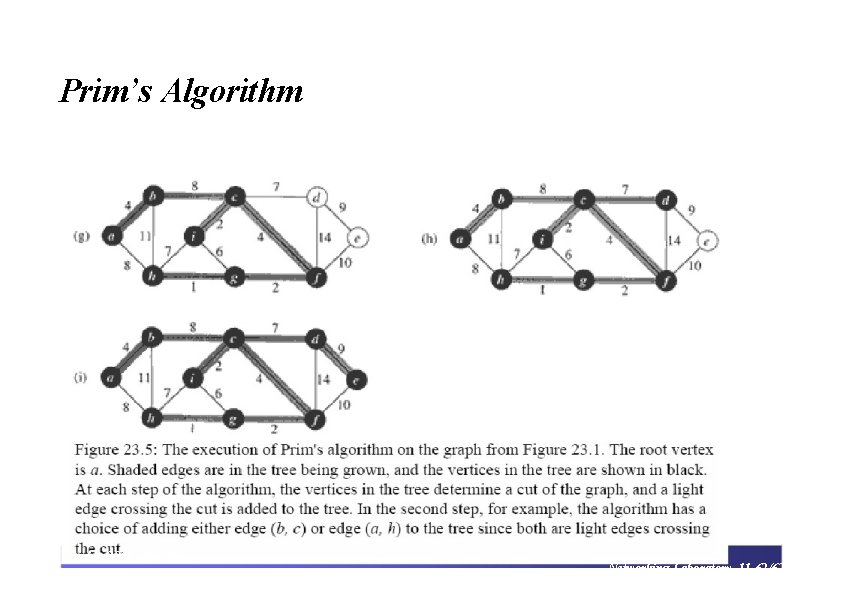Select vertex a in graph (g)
click(112, 236)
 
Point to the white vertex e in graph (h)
click(707, 240)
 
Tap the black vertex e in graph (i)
click(357, 379)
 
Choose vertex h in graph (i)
click(153, 418)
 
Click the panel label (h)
click(430, 239)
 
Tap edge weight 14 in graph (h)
click(674, 240)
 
